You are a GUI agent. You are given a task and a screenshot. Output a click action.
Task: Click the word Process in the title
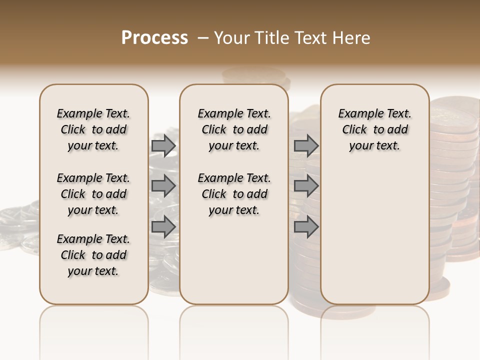point(154,37)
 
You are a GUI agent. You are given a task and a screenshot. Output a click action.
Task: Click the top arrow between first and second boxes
point(163,145)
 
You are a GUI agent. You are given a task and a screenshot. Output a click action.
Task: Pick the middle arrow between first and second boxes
point(163,186)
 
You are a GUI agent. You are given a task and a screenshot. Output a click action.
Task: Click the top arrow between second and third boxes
point(306,145)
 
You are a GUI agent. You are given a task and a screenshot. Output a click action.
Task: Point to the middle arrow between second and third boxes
point(306,186)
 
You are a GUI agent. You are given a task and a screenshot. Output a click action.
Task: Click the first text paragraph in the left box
point(93,129)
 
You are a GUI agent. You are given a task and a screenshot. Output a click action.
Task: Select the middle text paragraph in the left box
point(93,194)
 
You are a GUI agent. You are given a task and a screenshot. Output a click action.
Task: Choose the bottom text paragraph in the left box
point(93,255)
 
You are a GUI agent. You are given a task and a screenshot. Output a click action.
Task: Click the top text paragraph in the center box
point(234,129)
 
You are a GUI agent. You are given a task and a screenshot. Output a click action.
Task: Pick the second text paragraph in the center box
point(234,194)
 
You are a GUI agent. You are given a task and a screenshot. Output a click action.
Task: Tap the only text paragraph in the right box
point(374,129)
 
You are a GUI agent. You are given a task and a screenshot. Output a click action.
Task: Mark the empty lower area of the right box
point(374,230)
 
